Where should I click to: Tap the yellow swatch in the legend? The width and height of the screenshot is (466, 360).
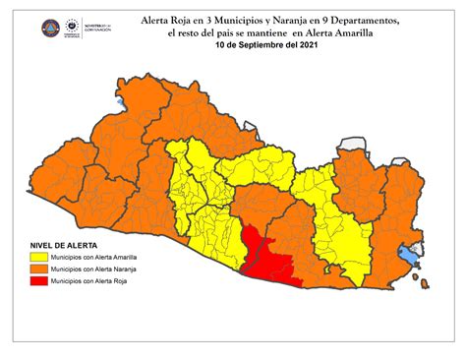click(x=35, y=256)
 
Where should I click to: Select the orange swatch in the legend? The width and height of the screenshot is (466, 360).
click(x=35, y=269)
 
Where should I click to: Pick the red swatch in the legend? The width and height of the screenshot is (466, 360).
click(x=35, y=281)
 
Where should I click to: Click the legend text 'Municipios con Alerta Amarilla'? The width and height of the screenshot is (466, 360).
click(x=94, y=256)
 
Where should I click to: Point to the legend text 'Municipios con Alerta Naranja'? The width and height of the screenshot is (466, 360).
click(x=93, y=269)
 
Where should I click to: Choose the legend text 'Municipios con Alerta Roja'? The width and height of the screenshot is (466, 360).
click(x=89, y=281)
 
